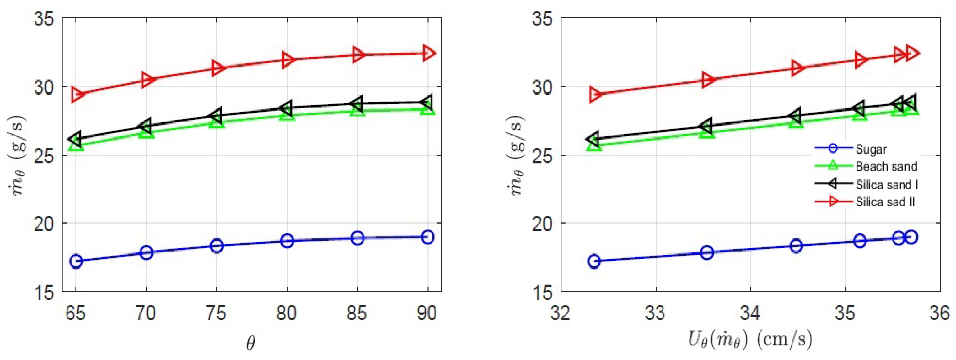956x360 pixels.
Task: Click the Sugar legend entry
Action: click(870, 149)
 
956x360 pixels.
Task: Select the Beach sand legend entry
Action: click(886, 166)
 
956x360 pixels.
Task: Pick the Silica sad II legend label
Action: click(885, 202)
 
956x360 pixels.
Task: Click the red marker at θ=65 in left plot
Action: click(77, 95)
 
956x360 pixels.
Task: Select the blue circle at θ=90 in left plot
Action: click(427, 237)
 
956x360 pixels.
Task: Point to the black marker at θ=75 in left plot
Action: click(216, 116)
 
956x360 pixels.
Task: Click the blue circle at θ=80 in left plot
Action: click(287, 241)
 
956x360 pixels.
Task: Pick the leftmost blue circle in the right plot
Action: click(594, 261)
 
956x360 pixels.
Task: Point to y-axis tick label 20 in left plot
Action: click(44, 224)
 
